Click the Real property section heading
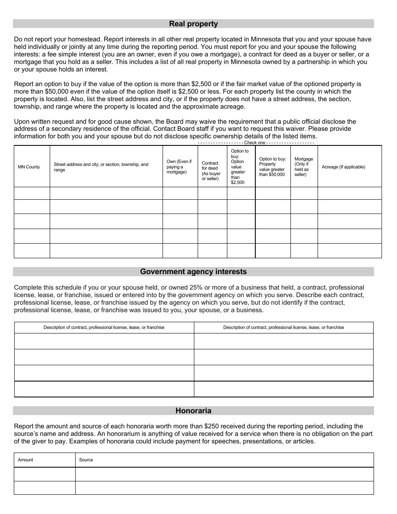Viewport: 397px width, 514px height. (x=193, y=24)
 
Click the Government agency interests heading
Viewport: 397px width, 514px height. (x=193, y=272)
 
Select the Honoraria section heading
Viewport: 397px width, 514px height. (x=193, y=411)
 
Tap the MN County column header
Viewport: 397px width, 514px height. (x=29, y=167)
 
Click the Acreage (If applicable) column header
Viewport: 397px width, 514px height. (x=344, y=167)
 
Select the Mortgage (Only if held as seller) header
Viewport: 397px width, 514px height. (x=303, y=167)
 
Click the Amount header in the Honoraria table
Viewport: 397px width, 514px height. (x=25, y=460)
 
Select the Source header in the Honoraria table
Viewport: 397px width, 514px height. (x=86, y=460)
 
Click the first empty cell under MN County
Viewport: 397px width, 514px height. (x=32, y=193)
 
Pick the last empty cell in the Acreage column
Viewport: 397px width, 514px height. (x=349, y=250)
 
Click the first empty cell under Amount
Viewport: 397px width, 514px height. (x=44, y=474)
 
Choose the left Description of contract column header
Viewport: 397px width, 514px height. (x=104, y=327)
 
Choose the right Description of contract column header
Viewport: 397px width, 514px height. (x=283, y=327)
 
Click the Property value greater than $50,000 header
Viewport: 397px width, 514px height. (x=272, y=167)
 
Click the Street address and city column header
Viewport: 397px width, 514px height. (x=101, y=167)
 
